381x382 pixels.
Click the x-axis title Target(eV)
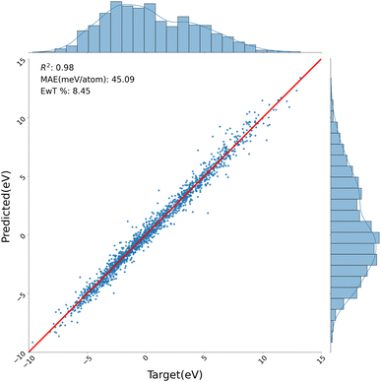tap(177, 373)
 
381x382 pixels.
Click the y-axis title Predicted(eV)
tap(8, 204)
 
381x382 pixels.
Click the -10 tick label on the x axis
tap(29, 359)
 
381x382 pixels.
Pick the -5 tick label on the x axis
tap(88, 359)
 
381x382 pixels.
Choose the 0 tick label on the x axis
tap(148, 359)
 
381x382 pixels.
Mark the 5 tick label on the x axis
tap(206, 359)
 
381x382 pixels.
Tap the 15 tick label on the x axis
tap(322, 359)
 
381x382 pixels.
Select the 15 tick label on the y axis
tap(21, 60)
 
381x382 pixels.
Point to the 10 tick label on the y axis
tap(21, 118)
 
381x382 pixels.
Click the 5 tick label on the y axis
tap(21, 177)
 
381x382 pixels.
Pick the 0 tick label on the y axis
tap(21, 235)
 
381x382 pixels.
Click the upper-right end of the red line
tap(322, 59)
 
